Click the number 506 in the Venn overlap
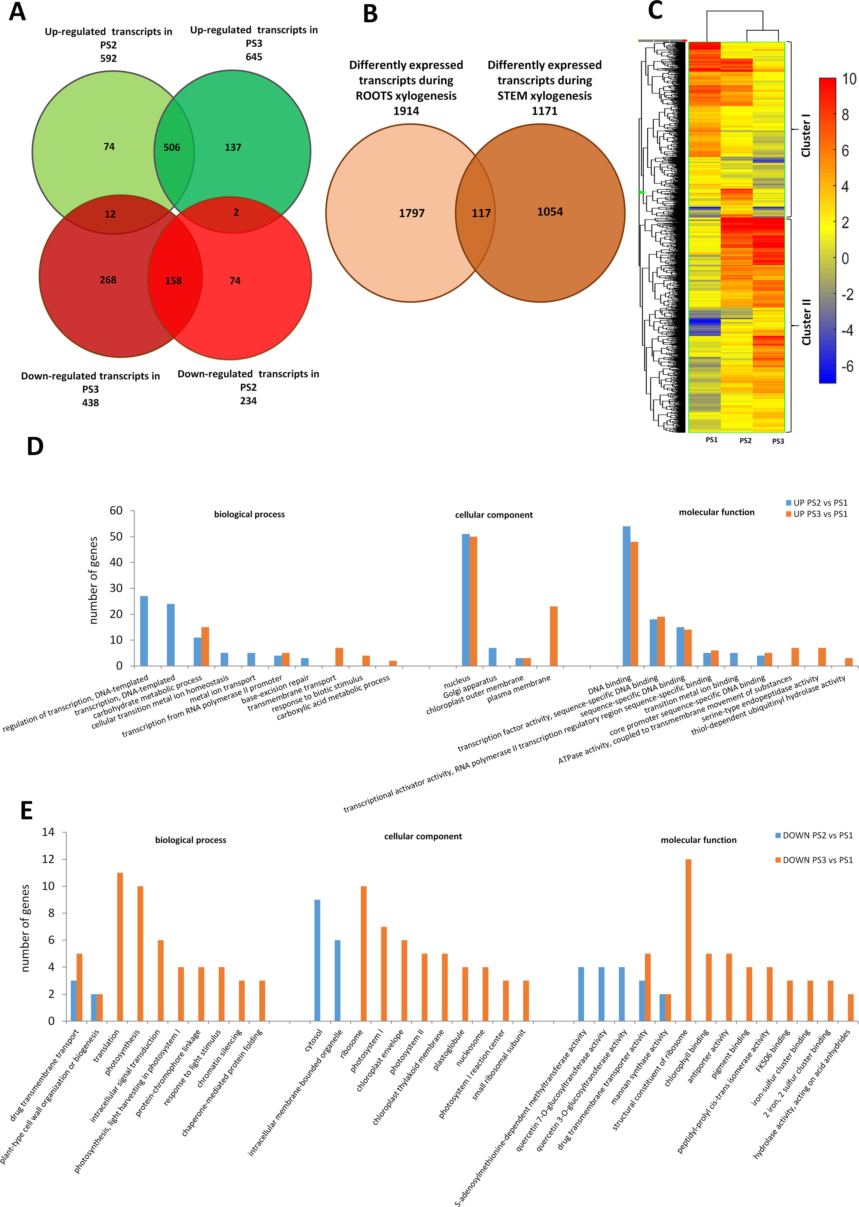coord(172,148)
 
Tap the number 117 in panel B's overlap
coord(481,213)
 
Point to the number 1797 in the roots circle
coord(411,213)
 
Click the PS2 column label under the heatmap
coord(745,440)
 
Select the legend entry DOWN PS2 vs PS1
coord(814,835)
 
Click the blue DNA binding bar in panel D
coord(627,596)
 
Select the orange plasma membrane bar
coord(554,636)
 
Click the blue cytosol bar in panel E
coord(317,960)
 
